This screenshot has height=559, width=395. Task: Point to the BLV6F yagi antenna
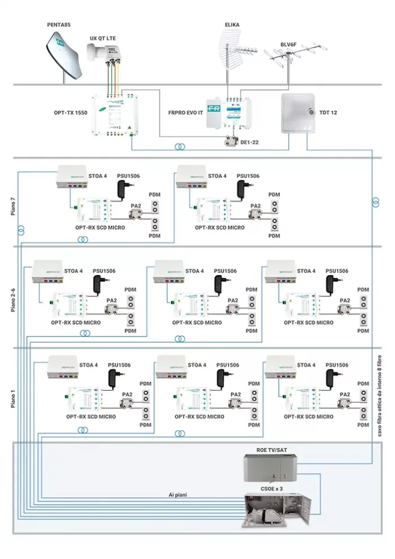pos(289,62)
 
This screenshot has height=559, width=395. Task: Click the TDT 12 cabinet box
pos(299,113)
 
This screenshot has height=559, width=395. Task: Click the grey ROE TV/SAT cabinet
pos(270,466)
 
